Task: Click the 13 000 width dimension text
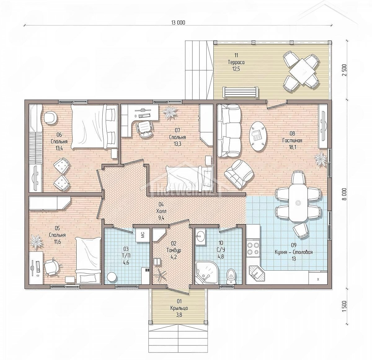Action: pos(178,23)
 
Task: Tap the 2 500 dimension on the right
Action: pos(344,70)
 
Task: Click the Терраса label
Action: pos(236,62)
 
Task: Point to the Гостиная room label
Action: pos(292,141)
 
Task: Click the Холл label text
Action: pos(161,211)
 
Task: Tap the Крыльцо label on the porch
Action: pos(179,308)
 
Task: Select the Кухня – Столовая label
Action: pos(294,252)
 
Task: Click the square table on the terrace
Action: pos(301,71)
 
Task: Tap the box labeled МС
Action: pos(142,235)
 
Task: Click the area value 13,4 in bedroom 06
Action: pos(59,148)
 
